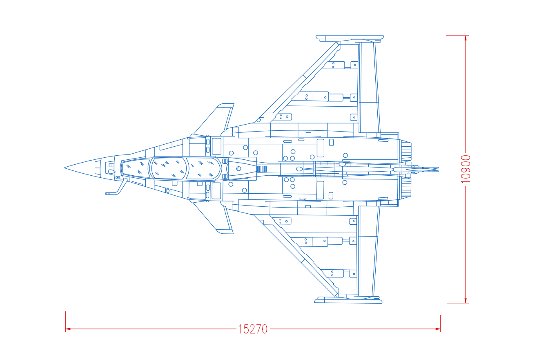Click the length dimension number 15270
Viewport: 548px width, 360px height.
click(253, 329)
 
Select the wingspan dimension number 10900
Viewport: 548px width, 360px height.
click(466, 169)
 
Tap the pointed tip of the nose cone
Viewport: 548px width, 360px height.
click(64, 168)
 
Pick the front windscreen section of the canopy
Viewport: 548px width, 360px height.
click(135, 168)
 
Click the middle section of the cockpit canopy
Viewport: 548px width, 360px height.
click(169, 168)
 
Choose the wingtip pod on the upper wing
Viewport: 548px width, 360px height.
click(350, 38)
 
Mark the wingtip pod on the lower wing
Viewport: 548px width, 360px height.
click(348, 300)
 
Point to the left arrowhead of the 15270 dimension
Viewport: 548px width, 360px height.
click(68, 329)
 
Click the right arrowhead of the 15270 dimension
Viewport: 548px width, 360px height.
click(438, 329)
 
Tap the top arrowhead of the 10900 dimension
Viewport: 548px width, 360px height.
click(466, 38)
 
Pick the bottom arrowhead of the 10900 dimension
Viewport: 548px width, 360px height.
click(466, 300)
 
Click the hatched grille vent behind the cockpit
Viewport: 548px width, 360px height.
click(262, 169)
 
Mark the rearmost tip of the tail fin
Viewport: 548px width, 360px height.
click(439, 169)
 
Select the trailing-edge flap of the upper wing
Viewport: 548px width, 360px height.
click(370, 87)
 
